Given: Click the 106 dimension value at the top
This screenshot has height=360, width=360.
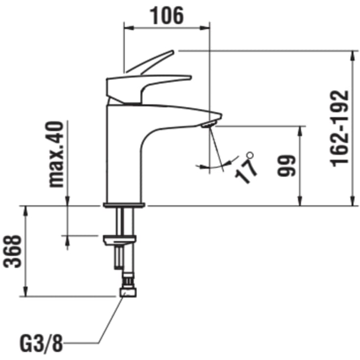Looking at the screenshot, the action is pos(167,16).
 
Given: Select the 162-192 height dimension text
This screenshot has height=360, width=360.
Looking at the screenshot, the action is pos(339,128).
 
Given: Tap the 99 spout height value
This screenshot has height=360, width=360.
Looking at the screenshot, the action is pos(287,166).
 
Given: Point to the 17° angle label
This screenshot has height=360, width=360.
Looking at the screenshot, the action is pos(246,168).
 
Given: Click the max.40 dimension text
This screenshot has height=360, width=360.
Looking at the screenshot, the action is pos(56,154).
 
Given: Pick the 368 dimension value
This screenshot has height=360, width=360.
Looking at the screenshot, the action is pos(12,251).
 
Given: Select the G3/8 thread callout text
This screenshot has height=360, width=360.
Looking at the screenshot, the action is pos(41,344).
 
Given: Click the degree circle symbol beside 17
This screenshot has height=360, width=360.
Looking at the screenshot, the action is pos(250,155).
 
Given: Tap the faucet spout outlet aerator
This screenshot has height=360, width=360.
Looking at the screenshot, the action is pos(208,125).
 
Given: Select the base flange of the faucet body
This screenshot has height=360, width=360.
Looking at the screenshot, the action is pos(124,205).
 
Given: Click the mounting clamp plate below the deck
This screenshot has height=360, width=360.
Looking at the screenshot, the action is pos(120,240).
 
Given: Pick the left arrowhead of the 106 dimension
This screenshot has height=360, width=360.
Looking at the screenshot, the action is pos(128,28).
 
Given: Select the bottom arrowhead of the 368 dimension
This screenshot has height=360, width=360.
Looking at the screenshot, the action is pos(25,291).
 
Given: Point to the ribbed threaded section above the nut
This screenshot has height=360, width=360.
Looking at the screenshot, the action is pos(128,281).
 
